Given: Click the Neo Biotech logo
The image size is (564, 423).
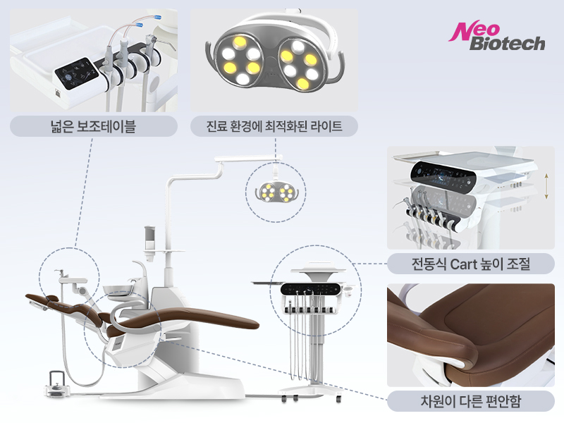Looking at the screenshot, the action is click(497, 36).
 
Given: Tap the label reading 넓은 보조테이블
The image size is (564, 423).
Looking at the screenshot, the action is click(93, 126).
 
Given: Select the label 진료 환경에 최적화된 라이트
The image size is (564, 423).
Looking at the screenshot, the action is click(274, 126).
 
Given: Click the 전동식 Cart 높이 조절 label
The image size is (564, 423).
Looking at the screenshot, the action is click(470, 264).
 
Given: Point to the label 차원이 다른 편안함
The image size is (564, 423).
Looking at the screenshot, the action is click(470, 400).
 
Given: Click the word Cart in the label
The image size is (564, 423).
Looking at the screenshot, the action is click(464, 264).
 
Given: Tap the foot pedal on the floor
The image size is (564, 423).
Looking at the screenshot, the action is click(57, 386).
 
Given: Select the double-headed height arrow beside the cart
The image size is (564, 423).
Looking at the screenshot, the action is click(546, 186).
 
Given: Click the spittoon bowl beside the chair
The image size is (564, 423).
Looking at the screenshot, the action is click(118, 290).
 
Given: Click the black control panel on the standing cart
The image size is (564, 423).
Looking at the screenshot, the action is click(310, 289).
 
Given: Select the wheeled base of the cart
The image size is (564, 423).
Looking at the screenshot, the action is click(310, 393).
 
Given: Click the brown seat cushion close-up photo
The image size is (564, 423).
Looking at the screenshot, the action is click(471, 335).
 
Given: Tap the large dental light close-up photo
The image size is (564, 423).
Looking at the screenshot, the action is click(274, 60).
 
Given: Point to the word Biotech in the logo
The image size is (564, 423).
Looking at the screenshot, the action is click(507, 43).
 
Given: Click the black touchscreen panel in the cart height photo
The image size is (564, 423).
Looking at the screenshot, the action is click(443, 174).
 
